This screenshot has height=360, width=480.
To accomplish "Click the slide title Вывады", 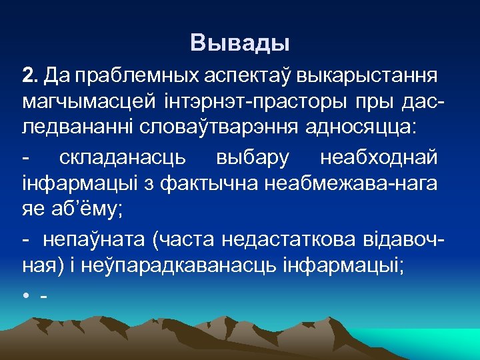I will [240, 43].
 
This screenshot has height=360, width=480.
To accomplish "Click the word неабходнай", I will [379, 158].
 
